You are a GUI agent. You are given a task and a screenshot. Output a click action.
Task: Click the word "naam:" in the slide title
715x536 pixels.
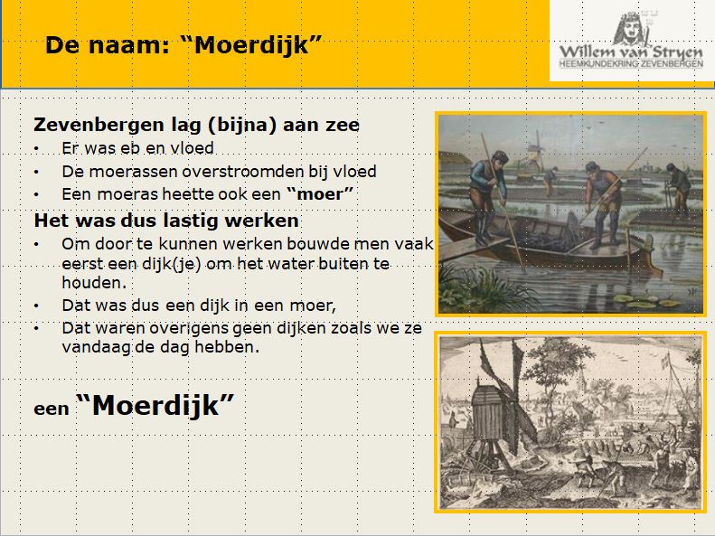[129, 45]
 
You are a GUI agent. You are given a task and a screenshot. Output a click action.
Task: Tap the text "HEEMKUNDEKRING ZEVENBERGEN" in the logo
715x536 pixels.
[631, 64]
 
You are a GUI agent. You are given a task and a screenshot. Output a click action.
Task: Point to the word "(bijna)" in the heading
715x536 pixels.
[241, 125]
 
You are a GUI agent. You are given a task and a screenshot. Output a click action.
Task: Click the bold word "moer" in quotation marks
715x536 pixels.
[320, 194]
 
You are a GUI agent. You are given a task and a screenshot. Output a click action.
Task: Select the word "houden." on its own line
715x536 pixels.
[94, 283]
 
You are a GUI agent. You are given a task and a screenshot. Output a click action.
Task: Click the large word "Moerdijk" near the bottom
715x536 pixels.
[155, 405]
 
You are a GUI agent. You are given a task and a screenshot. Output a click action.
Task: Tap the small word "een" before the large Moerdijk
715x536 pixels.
[51, 409]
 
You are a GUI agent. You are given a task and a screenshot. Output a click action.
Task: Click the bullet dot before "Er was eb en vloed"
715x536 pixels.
[36, 148]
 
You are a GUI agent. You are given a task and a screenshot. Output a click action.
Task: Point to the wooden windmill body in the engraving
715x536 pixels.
[488, 416]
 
